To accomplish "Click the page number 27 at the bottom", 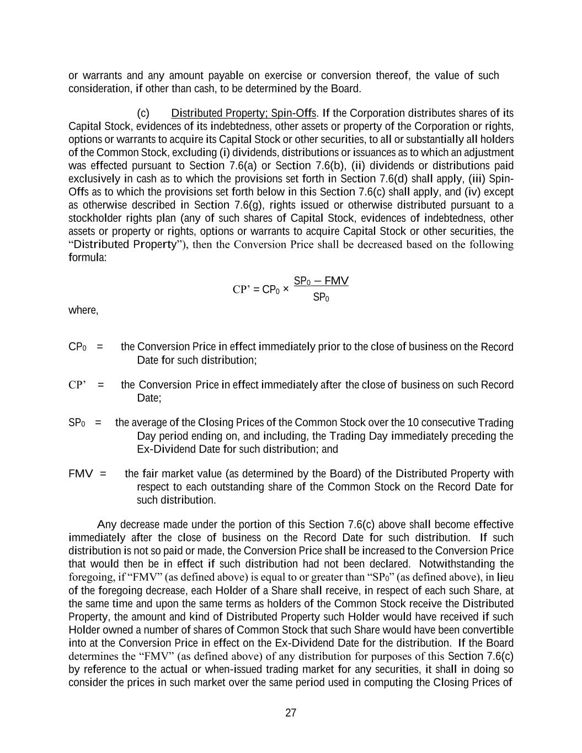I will (x=291, y=713).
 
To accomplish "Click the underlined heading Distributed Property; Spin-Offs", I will (x=243, y=113).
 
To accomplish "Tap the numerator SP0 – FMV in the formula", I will (x=321, y=281).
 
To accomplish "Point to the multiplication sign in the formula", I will (x=285, y=289).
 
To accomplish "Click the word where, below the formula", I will (x=83, y=310).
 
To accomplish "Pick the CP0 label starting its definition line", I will (x=77, y=347).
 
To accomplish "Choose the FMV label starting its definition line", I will (x=81, y=474).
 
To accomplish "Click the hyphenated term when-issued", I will (x=234, y=670).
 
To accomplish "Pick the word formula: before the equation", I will (x=87, y=258).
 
